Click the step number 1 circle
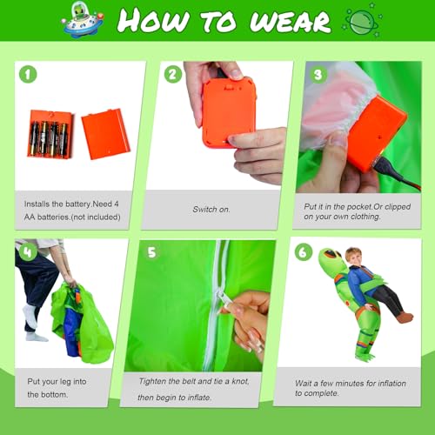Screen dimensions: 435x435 pos(28,74)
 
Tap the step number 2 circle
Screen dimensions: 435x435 pos(173,74)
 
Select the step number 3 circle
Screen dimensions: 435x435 pos(318,75)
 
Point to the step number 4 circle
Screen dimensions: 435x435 pos(28,251)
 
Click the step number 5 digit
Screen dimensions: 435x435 pos(152,252)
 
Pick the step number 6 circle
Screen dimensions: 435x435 pos(304,252)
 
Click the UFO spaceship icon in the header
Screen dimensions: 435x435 pos(83,20)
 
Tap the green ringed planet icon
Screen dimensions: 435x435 pos(362,22)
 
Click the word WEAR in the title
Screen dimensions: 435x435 pos(290,22)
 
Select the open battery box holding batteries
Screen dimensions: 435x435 pos(50,134)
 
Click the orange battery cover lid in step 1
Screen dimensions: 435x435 pos(105,134)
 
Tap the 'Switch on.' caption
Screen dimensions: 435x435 pos(211,209)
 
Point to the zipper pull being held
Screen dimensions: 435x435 pos(223,299)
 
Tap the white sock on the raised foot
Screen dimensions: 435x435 pos(31,316)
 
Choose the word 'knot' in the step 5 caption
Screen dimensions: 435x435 pos(240,381)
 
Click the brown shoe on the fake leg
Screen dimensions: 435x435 pos(405,318)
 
